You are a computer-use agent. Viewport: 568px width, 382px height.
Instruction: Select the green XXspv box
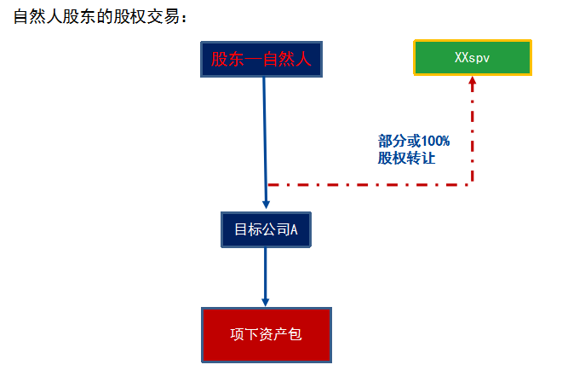473,57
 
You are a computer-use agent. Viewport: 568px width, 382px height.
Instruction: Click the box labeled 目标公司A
266,230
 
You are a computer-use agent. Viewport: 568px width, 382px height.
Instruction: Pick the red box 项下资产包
266,334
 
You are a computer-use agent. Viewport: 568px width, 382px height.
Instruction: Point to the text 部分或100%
414,141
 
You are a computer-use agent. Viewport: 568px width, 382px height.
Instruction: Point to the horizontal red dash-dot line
366,183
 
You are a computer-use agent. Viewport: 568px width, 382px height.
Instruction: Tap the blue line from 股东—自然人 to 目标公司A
265,136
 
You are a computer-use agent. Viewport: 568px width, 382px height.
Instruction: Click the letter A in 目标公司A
294,230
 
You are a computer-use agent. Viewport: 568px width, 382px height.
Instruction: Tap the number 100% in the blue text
434,141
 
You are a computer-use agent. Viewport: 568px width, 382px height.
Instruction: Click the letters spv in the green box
481,57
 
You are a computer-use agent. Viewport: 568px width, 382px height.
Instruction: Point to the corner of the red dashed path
473,183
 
